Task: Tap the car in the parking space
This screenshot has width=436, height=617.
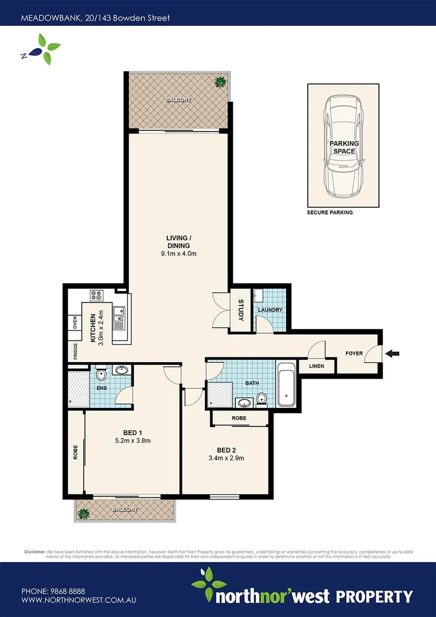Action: (343, 146)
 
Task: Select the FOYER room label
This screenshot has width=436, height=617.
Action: (354, 354)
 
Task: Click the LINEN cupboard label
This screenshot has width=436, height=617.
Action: (317, 366)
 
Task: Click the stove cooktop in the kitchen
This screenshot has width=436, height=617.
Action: (97, 295)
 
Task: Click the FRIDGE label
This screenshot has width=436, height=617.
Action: (75, 351)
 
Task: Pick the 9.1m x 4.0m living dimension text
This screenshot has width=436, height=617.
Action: (178, 254)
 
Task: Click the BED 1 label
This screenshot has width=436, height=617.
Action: (132, 432)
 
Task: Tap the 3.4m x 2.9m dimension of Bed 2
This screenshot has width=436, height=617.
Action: (226, 458)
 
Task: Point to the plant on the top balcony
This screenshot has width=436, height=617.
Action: (220, 82)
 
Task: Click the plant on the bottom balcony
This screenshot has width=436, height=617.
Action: (83, 513)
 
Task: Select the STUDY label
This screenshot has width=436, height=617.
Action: (241, 310)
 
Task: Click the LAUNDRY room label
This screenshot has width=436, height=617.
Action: (270, 310)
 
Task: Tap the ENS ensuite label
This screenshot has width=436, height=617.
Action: (102, 388)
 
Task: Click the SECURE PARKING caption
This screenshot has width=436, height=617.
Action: (329, 213)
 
